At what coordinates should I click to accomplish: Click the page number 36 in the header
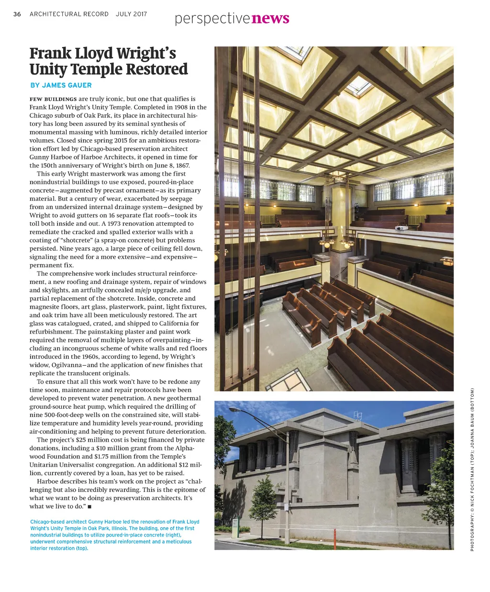click(x=17, y=14)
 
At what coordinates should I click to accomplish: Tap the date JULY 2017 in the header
click(x=131, y=14)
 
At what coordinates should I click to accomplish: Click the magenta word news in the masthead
click(x=270, y=19)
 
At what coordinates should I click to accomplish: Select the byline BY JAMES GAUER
click(x=61, y=85)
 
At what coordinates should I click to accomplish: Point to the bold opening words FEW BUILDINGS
click(x=53, y=99)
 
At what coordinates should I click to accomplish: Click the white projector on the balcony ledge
click(x=401, y=228)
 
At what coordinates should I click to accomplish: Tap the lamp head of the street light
click(x=234, y=409)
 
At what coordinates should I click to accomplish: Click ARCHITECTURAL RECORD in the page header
click(x=69, y=14)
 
